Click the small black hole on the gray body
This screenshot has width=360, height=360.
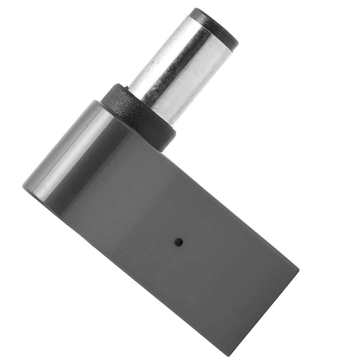179,242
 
